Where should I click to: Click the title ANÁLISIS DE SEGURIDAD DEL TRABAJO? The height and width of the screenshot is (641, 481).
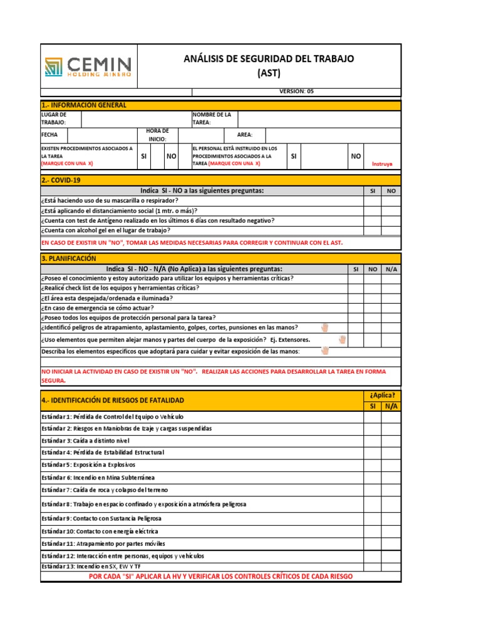269,59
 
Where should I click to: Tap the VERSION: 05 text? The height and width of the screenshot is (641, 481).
296,91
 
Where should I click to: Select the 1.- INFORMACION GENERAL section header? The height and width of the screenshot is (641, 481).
84,105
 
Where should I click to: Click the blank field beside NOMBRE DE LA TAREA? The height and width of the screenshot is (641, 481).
319,119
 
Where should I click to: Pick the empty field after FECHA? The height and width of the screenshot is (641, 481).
102,135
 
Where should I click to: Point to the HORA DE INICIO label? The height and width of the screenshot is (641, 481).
157,135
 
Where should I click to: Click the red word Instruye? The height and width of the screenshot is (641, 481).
382,163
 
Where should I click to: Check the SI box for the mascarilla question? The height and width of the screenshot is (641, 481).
372,200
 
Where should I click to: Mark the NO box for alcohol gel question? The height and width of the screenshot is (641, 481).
391,230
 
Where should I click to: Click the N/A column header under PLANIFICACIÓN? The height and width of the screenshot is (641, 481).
391,269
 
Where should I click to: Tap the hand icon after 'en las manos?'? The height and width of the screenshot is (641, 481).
324,327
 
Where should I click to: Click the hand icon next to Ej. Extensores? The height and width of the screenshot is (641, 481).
342,339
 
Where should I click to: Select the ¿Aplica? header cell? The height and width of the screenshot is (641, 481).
382,395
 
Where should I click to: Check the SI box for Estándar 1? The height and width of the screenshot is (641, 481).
372,416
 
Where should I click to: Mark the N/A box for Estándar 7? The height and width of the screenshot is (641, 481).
391,490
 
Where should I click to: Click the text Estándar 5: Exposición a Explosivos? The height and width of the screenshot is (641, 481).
88,465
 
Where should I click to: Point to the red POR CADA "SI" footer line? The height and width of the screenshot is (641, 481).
221,576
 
